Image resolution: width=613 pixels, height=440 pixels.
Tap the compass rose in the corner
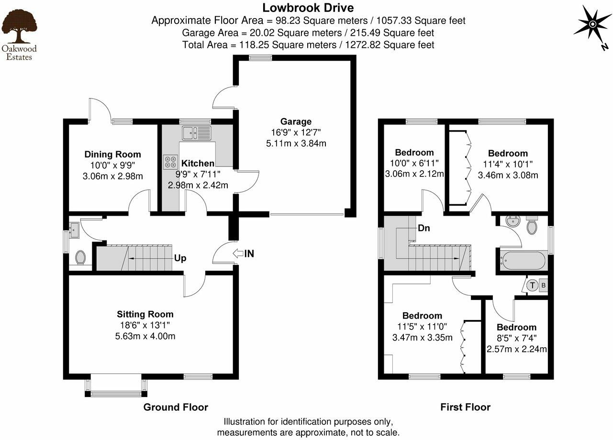click(592, 24)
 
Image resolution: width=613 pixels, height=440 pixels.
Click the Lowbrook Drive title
click(308, 8)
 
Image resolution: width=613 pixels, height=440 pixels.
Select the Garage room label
click(296, 121)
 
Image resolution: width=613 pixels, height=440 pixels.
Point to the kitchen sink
click(196, 132)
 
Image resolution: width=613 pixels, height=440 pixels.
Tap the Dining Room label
click(112, 154)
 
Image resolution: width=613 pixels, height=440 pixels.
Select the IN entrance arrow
click(243, 254)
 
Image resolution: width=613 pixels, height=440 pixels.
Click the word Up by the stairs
click(180, 258)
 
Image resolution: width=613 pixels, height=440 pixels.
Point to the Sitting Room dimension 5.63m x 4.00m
click(145, 336)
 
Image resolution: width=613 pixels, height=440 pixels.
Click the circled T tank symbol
click(533, 286)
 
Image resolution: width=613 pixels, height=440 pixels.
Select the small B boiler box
click(544, 286)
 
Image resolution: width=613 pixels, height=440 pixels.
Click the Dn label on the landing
click(424, 228)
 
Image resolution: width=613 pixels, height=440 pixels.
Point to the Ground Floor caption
click(176, 407)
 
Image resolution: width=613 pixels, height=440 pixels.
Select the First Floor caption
click(465, 407)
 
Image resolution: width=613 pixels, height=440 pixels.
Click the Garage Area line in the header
click(308, 33)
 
